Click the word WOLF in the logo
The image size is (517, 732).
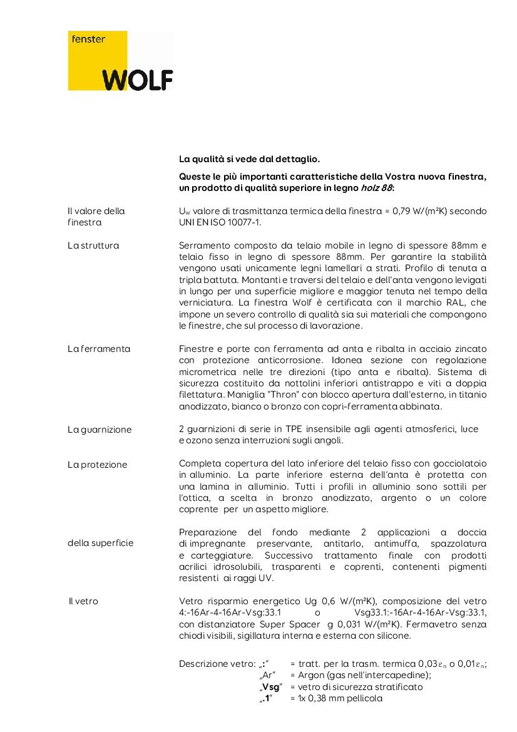pos(138,80)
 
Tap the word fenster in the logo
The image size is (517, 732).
pos(88,39)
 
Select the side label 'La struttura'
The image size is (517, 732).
pos(93,245)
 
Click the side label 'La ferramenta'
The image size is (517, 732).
pos(99,348)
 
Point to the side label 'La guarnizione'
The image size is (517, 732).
pos(100,430)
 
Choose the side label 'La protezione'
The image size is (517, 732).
pos(97,465)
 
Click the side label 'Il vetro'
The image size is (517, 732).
pos(83,601)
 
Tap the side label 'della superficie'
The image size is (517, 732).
pos(100,543)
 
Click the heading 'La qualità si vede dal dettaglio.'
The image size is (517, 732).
pos(249,160)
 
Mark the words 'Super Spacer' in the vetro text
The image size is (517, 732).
pos(296,624)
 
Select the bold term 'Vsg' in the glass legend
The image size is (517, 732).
pos(270,687)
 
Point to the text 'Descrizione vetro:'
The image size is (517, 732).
pos(217,664)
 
